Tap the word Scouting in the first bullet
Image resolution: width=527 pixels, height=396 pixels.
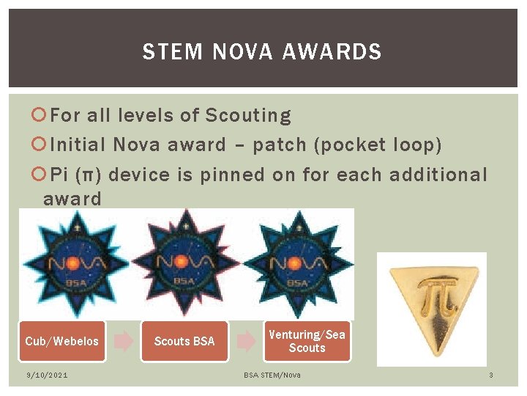(x=248, y=116)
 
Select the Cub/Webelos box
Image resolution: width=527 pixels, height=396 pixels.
(x=61, y=341)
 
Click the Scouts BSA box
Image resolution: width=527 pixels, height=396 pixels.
(x=184, y=341)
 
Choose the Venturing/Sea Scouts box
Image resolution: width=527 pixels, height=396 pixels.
(x=307, y=341)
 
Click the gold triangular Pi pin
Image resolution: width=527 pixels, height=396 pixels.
(x=431, y=300)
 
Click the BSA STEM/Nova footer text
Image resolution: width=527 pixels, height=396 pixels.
(x=272, y=375)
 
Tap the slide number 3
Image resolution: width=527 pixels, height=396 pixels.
(x=491, y=375)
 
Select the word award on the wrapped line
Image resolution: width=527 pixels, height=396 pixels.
(x=72, y=199)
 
